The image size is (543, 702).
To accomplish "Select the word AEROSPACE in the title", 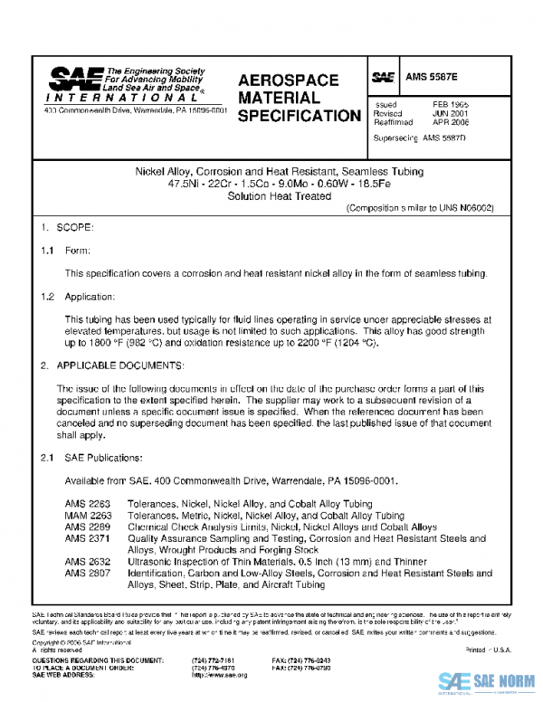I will coord(289,81).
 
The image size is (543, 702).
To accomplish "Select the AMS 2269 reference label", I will coord(82,526).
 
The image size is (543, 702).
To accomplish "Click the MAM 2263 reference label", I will coord(82,516).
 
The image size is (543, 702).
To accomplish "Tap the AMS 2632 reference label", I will coord(82,562).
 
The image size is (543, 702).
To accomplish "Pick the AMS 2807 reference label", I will coord(82,573).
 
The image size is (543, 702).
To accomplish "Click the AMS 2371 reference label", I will coord(82,538).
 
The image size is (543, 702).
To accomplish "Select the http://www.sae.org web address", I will coord(220,675).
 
